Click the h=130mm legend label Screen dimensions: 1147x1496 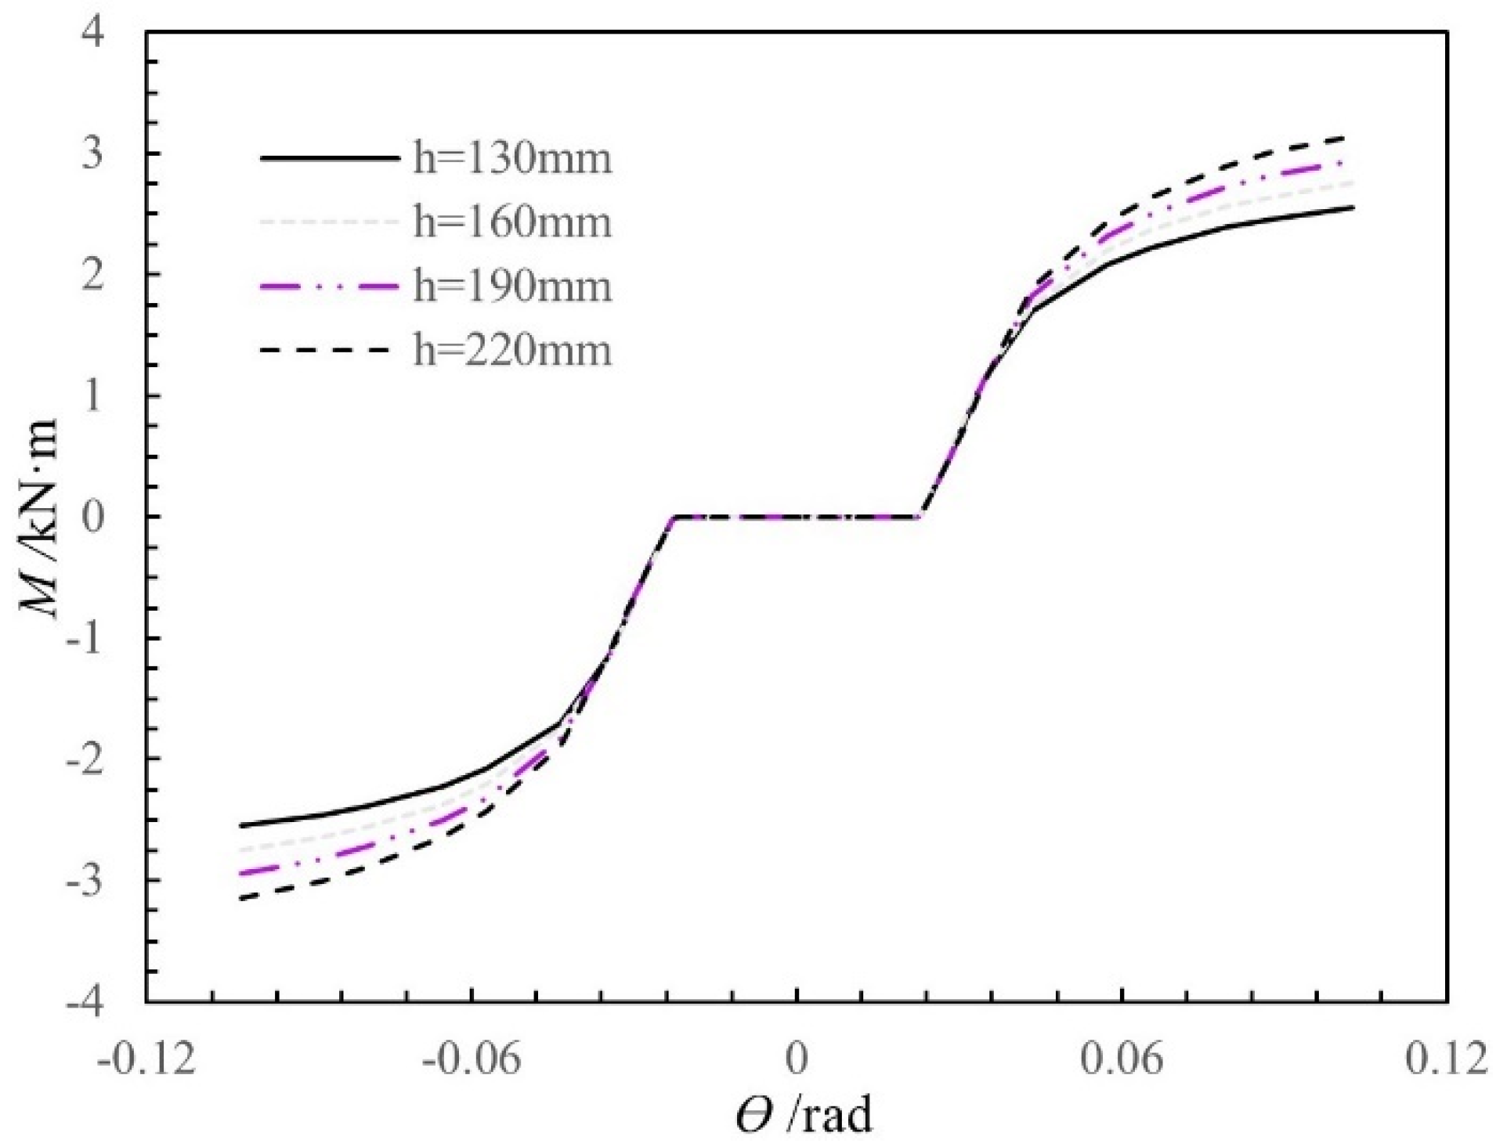point(511,159)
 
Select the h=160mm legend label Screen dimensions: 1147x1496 point(511,222)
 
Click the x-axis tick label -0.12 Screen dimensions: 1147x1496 point(146,1059)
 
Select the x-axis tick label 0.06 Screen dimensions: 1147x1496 point(1122,1059)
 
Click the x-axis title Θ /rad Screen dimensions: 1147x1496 point(804,1115)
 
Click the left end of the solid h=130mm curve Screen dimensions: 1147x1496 point(240,825)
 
